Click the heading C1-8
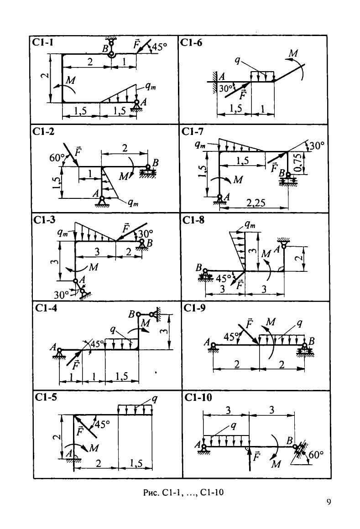193,220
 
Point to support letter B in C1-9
312,341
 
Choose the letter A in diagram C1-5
68,453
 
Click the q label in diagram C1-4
112,330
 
